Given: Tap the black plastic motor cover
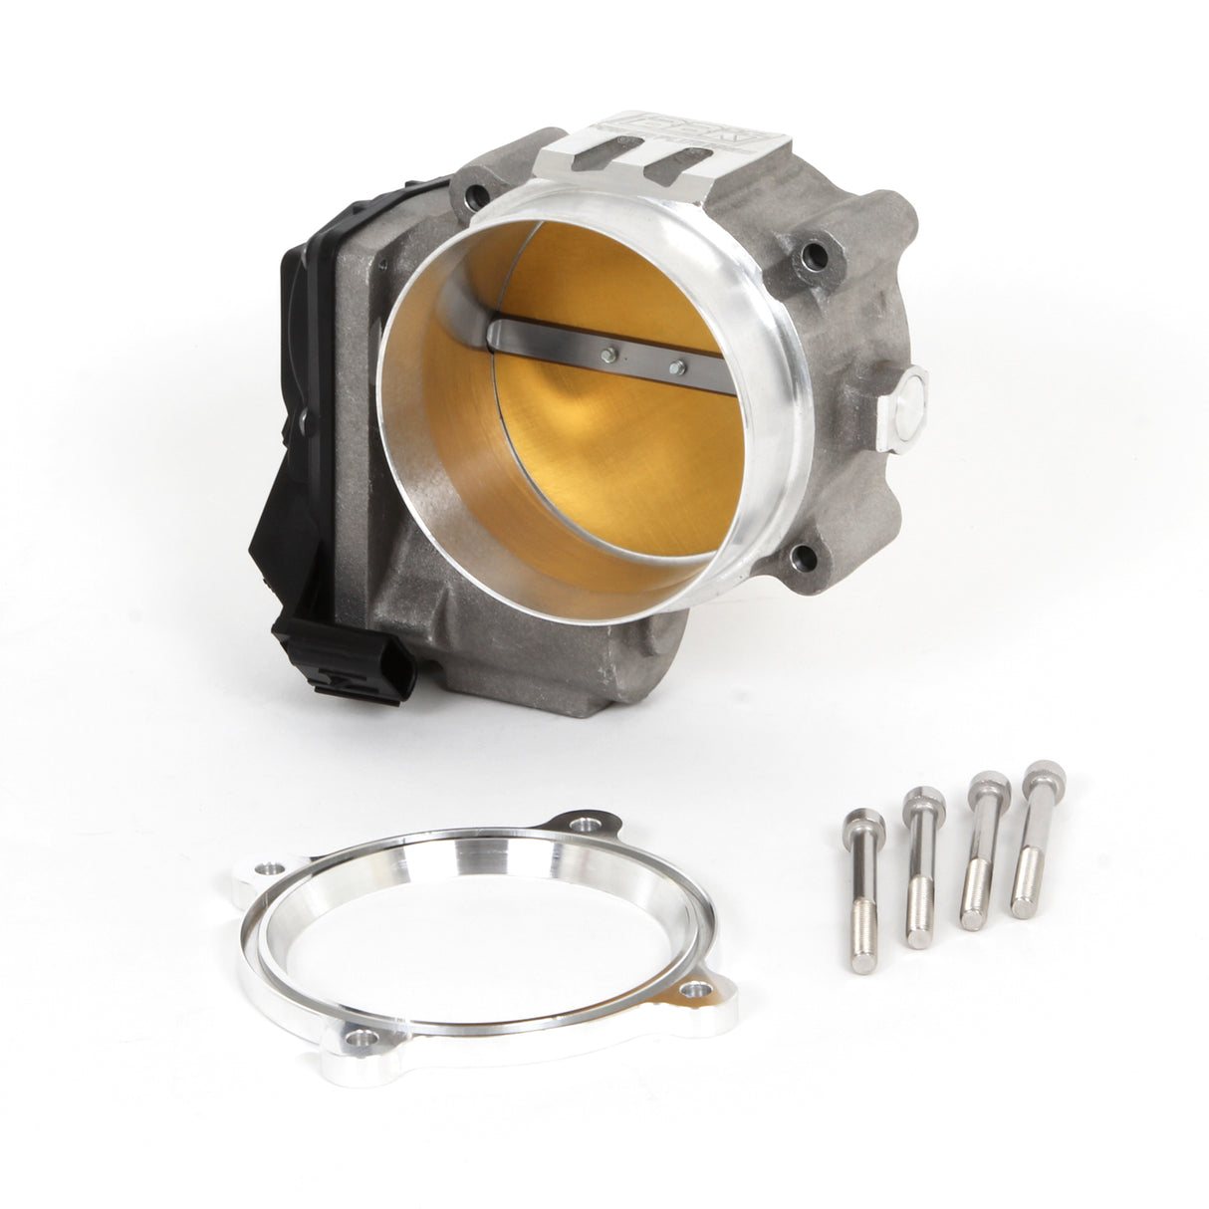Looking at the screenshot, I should coord(329,329).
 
